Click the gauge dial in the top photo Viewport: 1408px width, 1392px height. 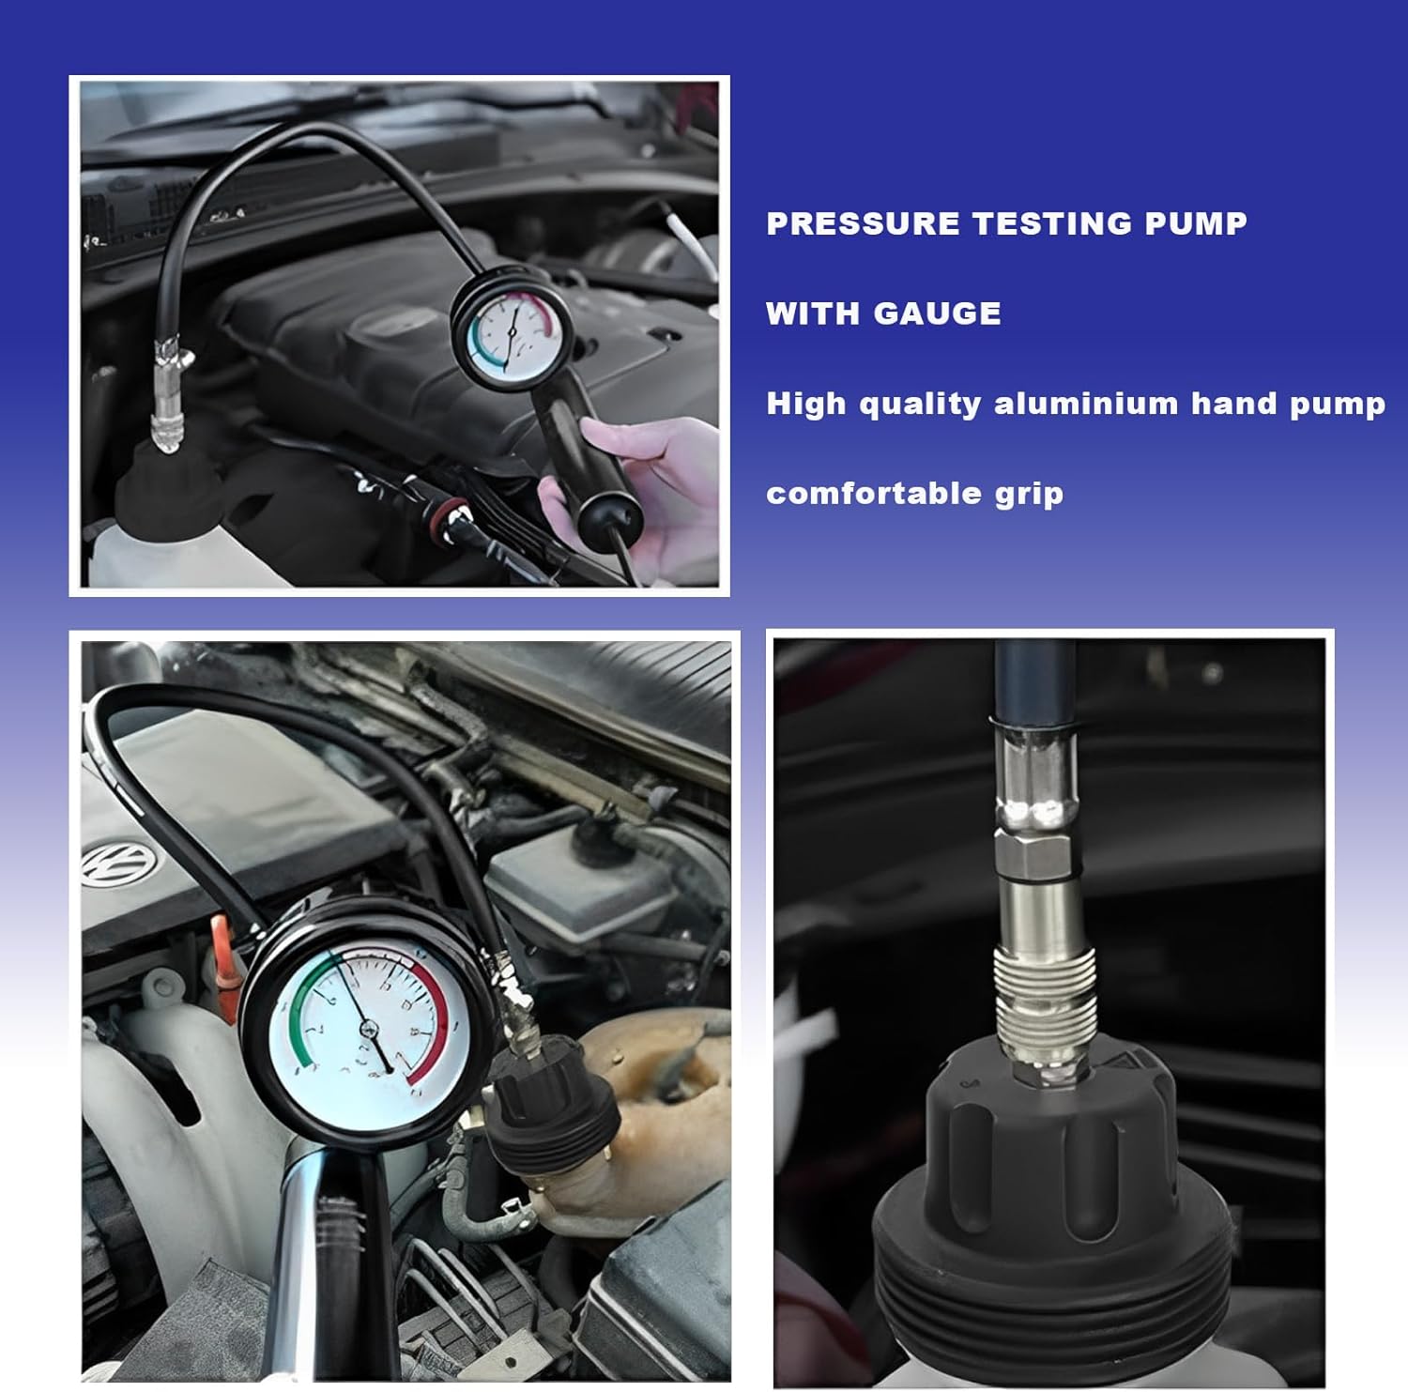coord(511,339)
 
